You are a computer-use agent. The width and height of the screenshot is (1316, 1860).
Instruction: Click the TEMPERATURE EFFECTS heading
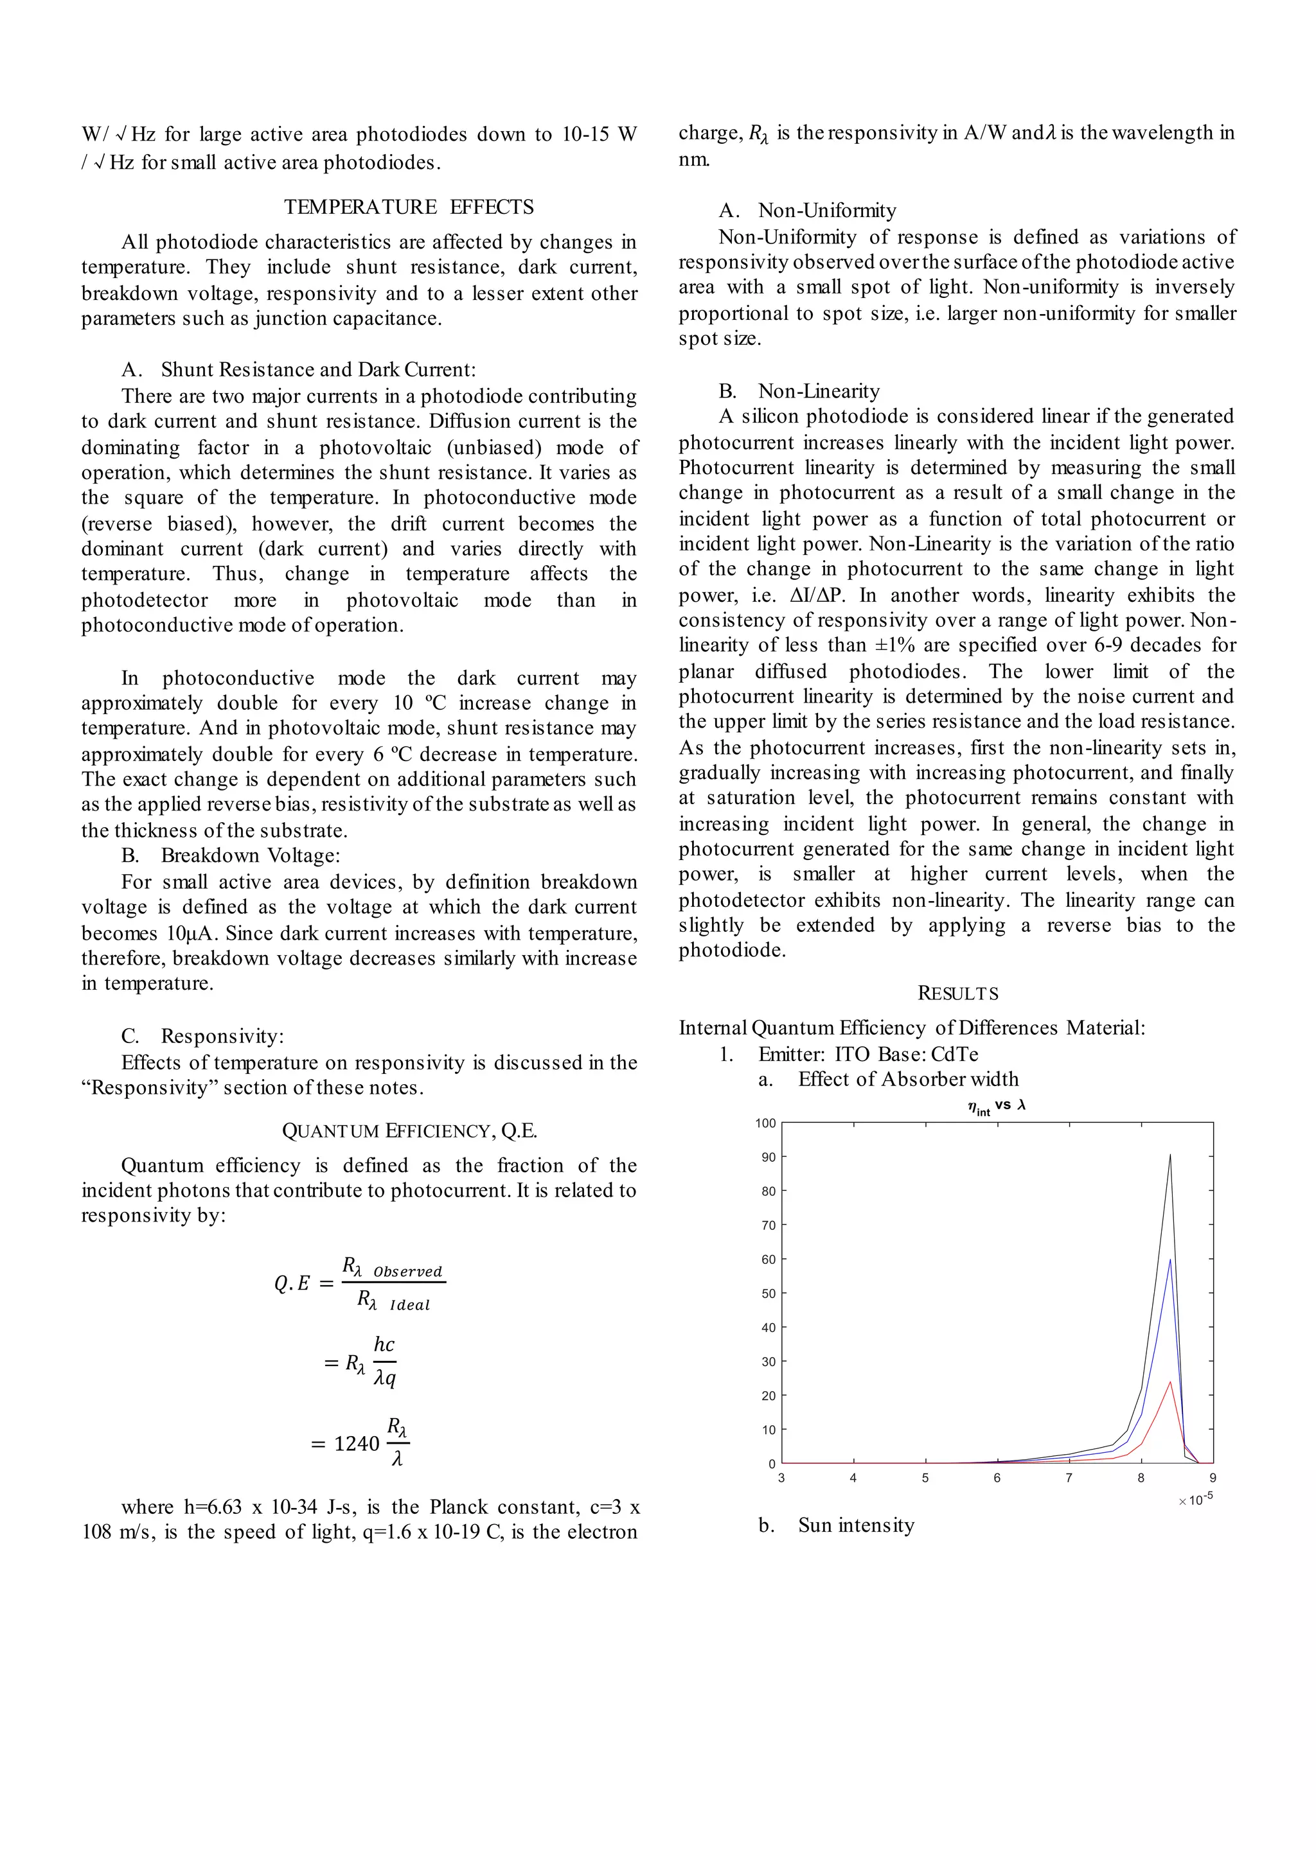[409, 207]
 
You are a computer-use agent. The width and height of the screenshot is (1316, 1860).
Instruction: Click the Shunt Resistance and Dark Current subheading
[317, 369]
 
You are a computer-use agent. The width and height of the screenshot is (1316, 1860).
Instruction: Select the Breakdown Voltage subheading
[249, 855]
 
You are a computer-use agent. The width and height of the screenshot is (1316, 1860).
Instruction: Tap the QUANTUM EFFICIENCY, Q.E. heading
[409, 1131]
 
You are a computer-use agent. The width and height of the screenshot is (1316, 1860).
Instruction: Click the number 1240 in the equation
[357, 1444]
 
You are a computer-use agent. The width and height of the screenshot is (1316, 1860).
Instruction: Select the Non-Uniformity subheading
[826, 211]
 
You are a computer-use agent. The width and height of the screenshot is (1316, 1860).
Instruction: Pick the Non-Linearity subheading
[819, 391]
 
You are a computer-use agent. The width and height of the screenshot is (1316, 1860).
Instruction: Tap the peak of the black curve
[1169, 1156]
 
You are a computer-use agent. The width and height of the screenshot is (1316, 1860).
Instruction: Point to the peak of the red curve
[1169, 1382]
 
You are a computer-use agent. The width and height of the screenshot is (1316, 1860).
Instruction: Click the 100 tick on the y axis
[765, 1123]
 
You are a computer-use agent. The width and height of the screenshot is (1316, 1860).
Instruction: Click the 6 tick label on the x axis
[997, 1478]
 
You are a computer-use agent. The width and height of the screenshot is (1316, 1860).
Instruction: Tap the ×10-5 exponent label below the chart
[1195, 1500]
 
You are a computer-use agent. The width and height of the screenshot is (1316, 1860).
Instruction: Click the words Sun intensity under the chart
[856, 1525]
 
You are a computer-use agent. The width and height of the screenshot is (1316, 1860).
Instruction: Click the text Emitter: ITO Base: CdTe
[868, 1054]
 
